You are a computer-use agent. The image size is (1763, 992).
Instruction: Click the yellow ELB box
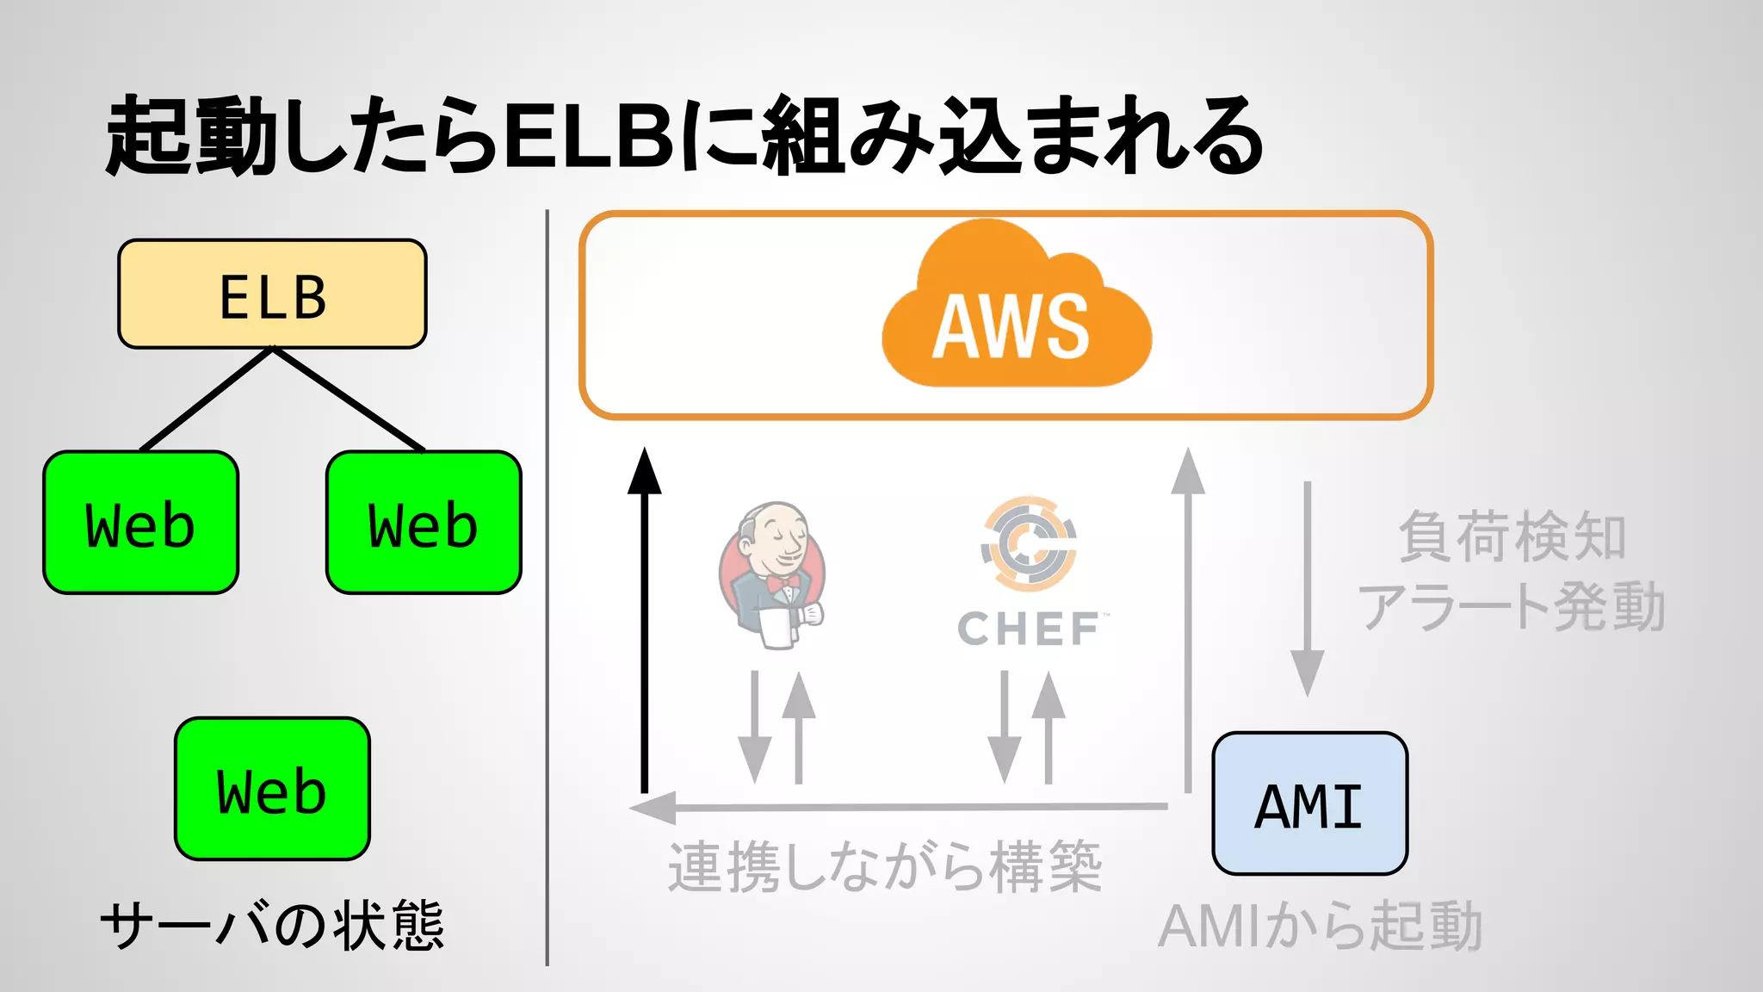coord(272,294)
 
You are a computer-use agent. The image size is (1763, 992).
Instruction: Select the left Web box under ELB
coord(140,523)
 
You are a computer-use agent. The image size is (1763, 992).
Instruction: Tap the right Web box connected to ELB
coord(424,523)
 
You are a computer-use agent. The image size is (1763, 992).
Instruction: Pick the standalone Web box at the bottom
coord(272,789)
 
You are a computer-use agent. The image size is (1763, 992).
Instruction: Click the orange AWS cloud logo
coord(1016,310)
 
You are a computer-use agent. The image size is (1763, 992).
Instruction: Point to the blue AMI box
coord(1309,803)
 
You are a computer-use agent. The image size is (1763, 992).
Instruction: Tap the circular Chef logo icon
coord(1029,542)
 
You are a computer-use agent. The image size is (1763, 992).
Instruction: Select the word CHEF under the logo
coord(1029,629)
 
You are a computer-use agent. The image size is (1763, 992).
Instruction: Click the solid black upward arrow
coord(644,620)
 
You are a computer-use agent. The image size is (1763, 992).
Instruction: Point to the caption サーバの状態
coord(272,926)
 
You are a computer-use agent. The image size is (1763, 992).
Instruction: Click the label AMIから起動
coord(1321,927)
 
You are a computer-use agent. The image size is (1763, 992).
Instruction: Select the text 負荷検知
coord(1512,536)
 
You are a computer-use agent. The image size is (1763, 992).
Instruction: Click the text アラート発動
coord(1512,606)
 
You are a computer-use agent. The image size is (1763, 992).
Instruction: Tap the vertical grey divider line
coord(547,586)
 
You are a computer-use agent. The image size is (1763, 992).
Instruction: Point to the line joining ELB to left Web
coord(207,399)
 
